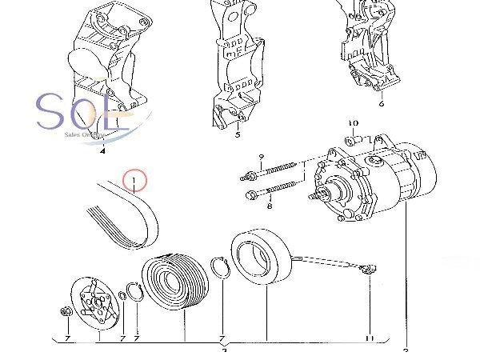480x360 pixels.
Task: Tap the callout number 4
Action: click(102, 150)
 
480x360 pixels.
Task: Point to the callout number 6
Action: click(382, 104)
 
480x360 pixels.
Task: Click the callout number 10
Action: click(353, 124)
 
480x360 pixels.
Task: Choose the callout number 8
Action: click(269, 206)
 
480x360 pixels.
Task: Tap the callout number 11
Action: click(370, 338)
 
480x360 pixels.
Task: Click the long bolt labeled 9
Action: click(276, 171)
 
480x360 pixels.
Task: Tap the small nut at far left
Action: click(64, 312)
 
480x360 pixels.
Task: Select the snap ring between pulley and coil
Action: click(220, 266)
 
